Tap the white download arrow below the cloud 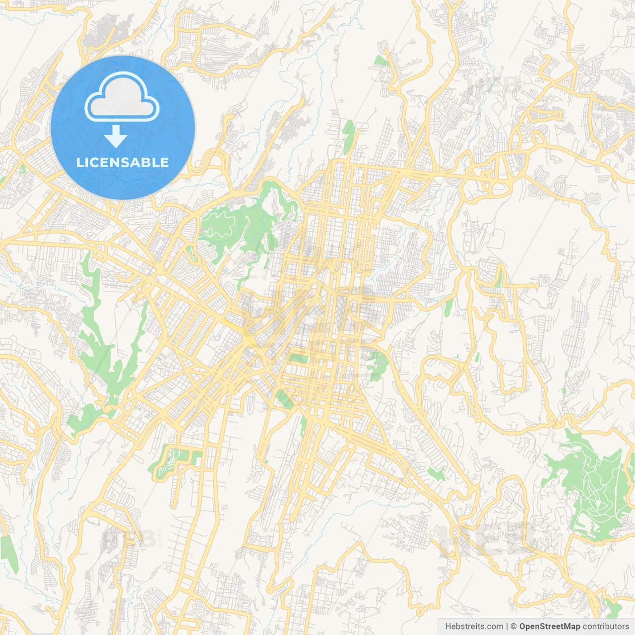(116, 136)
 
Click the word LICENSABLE (123, 162)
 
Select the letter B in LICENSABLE (146, 162)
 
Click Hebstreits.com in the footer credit (474, 627)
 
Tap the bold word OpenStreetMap (550, 627)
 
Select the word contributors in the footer (606, 627)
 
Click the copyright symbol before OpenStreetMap (514, 627)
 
